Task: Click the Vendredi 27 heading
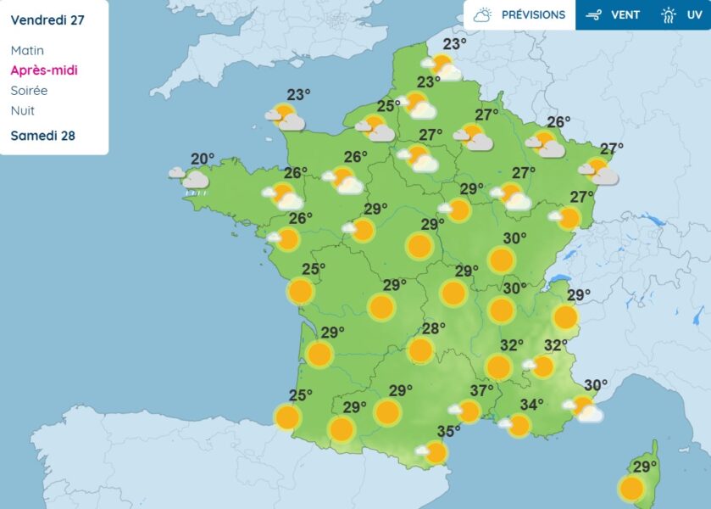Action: (x=47, y=19)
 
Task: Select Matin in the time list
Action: (x=27, y=51)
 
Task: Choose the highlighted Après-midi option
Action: (x=44, y=70)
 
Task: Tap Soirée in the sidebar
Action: (x=29, y=91)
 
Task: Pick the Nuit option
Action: (x=22, y=110)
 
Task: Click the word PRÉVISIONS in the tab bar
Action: (x=533, y=14)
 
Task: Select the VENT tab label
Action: (x=625, y=14)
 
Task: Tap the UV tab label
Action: (x=694, y=14)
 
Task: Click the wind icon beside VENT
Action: (x=594, y=14)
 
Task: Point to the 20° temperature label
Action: (x=203, y=159)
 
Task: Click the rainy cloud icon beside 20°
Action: (x=193, y=180)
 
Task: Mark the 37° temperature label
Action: (x=481, y=391)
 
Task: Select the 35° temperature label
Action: (x=448, y=431)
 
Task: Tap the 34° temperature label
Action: (x=531, y=405)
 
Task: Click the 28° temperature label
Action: (x=434, y=329)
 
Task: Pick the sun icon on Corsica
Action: (x=630, y=489)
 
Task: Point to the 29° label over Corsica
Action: (x=645, y=467)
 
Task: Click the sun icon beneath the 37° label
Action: (x=468, y=411)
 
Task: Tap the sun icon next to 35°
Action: (x=435, y=452)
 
